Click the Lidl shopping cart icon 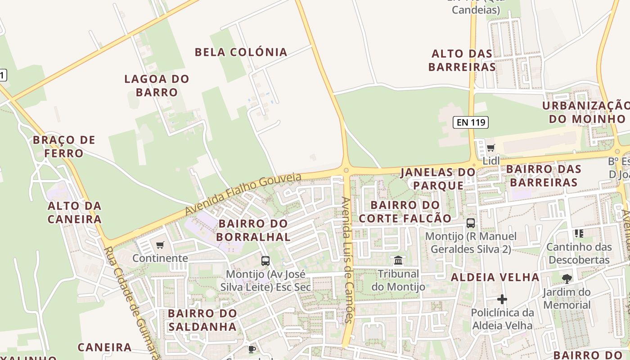[x=490, y=148]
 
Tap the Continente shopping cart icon [x=160, y=245]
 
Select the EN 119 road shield [x=471, y=122]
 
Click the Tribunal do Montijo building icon [x=398, y=260]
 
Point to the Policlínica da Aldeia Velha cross [x=502, y=299]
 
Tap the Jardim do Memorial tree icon [x=567, y=279]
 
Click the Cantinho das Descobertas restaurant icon [x=579, y=233]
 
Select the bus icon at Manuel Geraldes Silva [x=471, y=223]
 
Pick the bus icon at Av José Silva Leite [x=265, y=261]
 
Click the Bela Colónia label [x=241, y=52]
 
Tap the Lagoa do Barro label [x=157, y=85]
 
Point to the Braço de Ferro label [x=64, y=146]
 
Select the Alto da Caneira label [x=75, y=212]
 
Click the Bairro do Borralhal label [x=253, y=230]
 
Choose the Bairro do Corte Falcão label [x=405, y=211]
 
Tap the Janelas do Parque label [x=438, y=179]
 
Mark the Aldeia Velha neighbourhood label [x=495, y=277]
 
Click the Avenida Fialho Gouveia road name [x=243, y=194]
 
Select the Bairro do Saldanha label [x=202, y=319]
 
